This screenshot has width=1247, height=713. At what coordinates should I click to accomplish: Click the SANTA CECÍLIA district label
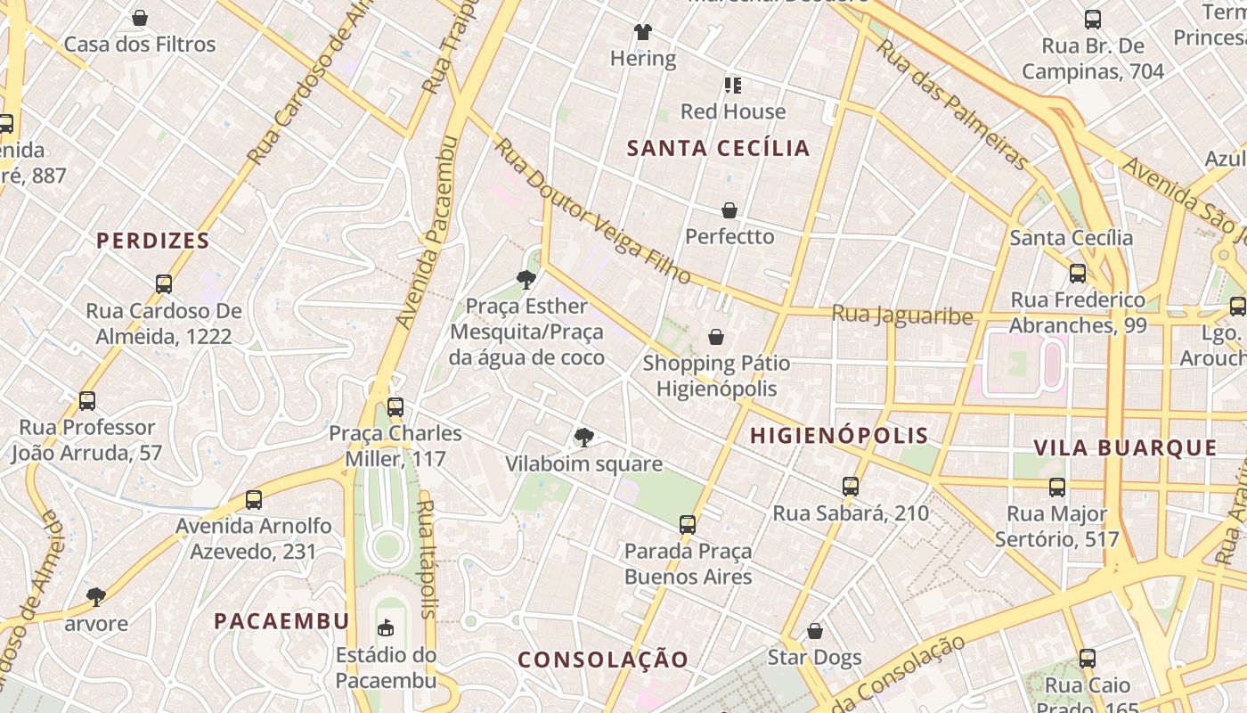718,148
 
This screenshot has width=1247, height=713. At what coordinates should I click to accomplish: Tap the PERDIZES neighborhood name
153,241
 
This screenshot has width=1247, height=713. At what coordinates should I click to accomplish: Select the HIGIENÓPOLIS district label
839,436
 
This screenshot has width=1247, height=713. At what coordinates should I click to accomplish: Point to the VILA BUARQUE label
1125,447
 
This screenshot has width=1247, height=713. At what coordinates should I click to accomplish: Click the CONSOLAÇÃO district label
603,660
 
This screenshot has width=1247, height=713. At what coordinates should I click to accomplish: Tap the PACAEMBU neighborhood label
281,621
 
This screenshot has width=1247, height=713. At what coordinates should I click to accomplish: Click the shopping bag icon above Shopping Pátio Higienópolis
715,337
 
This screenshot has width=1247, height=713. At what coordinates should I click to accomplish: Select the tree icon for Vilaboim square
583,437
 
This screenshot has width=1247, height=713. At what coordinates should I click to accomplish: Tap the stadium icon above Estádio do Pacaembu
386,628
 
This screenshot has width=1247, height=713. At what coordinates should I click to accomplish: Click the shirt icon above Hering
643,32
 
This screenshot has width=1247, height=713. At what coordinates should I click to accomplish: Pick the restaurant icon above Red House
732,86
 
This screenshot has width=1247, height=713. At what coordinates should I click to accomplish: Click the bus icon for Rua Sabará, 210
851,487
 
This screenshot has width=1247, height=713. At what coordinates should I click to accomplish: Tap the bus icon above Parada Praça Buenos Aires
687,525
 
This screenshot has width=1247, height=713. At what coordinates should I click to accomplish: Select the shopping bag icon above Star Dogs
814,632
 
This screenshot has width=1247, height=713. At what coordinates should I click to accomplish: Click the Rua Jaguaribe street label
901,315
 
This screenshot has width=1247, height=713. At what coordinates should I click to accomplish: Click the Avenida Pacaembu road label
426,232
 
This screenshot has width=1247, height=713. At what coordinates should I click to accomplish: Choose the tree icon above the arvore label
96,596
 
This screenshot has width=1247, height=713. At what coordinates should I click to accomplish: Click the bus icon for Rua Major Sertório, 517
1056,488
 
